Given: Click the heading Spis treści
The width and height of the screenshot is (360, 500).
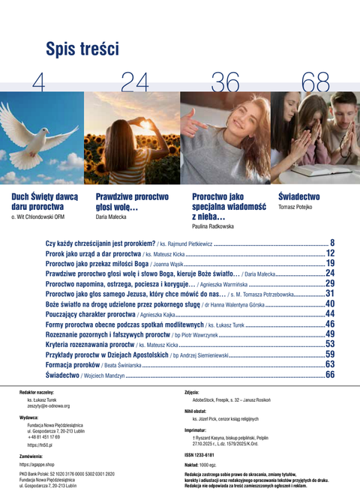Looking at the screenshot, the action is (x=82, y=49).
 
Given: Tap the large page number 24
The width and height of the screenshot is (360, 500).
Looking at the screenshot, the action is (x=135, y=83).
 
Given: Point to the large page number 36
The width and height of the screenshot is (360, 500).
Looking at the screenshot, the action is (x=226, y=83).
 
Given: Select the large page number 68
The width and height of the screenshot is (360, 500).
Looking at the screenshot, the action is (x=316, y=83).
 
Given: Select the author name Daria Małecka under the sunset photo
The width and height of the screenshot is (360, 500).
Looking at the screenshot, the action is (x=112, y=216).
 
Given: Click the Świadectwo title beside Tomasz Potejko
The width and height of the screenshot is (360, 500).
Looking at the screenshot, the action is (x=298, y=196).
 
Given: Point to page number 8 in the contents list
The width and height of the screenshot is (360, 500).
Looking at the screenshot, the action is (x=332, y=243).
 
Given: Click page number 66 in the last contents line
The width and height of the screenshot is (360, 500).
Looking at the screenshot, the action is (x=330, y=374).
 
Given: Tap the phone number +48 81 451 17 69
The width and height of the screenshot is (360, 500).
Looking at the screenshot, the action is (x=47, y=437).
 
